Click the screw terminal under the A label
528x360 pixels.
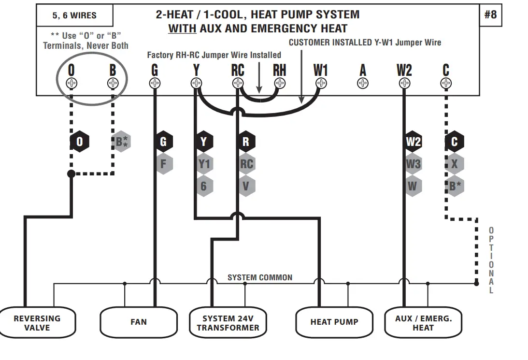point(362,84)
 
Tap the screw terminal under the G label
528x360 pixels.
point(155,84)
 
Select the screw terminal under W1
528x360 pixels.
point(321,84)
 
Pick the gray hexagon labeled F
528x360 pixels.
point(163,164)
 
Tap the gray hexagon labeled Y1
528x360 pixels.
point(204,164)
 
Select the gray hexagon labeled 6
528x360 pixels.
point(204,186)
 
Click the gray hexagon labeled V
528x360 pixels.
point(246,186)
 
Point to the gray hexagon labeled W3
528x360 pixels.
point(413,164)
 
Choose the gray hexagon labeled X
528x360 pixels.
point(454,164)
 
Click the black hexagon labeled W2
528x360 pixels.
point(413,142)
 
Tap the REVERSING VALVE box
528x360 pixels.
point(37,323)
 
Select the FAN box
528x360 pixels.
point(139,322)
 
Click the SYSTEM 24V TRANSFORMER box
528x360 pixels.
point(228,323)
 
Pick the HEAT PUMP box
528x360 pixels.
point(334,322)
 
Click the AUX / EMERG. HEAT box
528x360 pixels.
point(423,323)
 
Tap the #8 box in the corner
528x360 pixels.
point(490,14)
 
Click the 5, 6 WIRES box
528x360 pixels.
point(74,15)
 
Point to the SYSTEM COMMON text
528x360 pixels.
point(260,277)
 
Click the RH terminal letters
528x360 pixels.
point(279,71)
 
